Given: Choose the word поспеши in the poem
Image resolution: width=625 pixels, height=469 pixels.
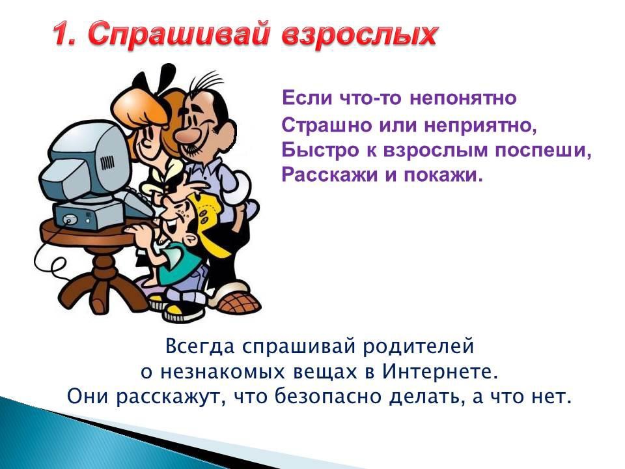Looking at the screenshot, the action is (x=542, y=150).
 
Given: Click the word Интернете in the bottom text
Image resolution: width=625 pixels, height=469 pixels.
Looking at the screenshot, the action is (x=441, y=371).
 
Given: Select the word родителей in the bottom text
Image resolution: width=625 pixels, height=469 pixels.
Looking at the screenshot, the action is (x=418, y=346).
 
